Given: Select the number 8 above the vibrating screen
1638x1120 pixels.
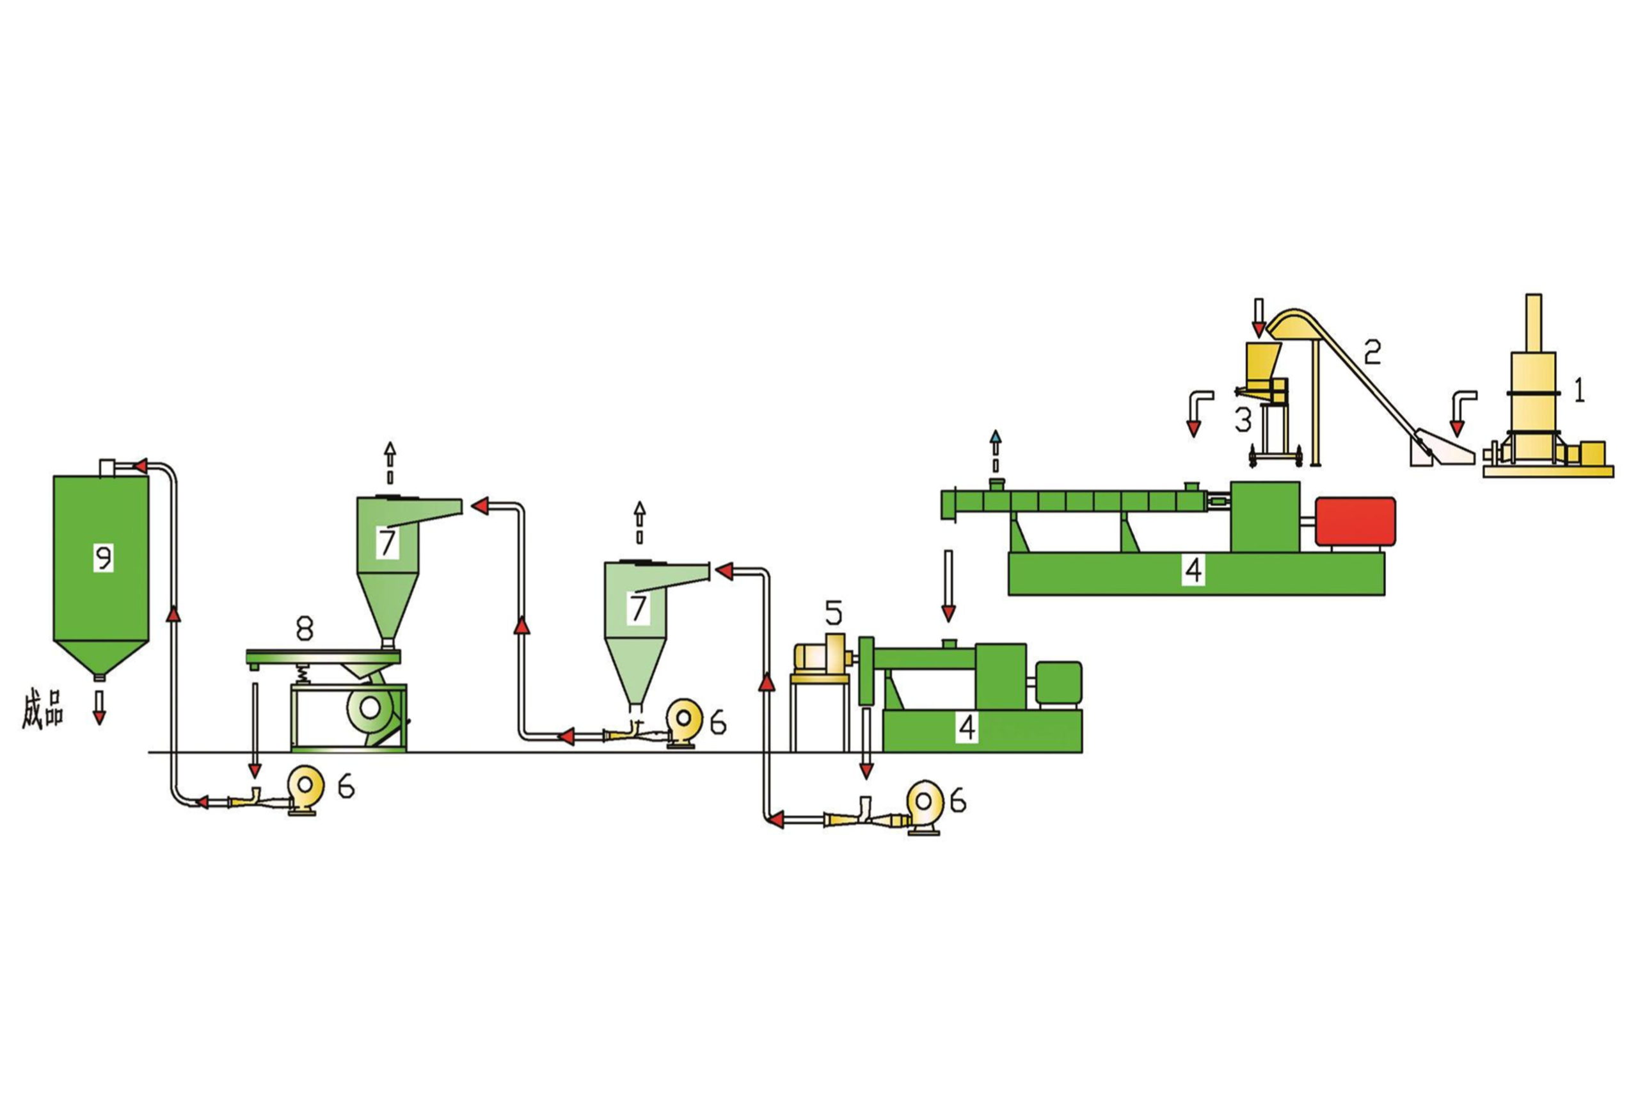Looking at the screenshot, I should click(304, 627).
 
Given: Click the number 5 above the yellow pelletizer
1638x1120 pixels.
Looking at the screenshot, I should click(833, 613).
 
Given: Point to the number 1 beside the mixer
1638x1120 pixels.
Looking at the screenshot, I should click(1580, 389).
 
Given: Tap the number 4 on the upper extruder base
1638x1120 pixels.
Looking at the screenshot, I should click(1193, 569).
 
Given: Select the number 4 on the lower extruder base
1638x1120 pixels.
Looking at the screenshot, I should click(967, 727).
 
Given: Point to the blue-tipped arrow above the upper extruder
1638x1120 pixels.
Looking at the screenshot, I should click(995, 437).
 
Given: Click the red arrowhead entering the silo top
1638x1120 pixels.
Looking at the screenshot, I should click(139, 466).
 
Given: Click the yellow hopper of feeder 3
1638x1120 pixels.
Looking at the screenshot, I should click(1265, 361).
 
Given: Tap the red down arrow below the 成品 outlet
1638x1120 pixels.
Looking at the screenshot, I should click(99, 717).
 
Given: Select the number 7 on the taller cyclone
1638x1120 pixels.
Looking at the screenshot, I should click(387, 543).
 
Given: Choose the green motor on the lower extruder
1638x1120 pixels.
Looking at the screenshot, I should click(1059, 683).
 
